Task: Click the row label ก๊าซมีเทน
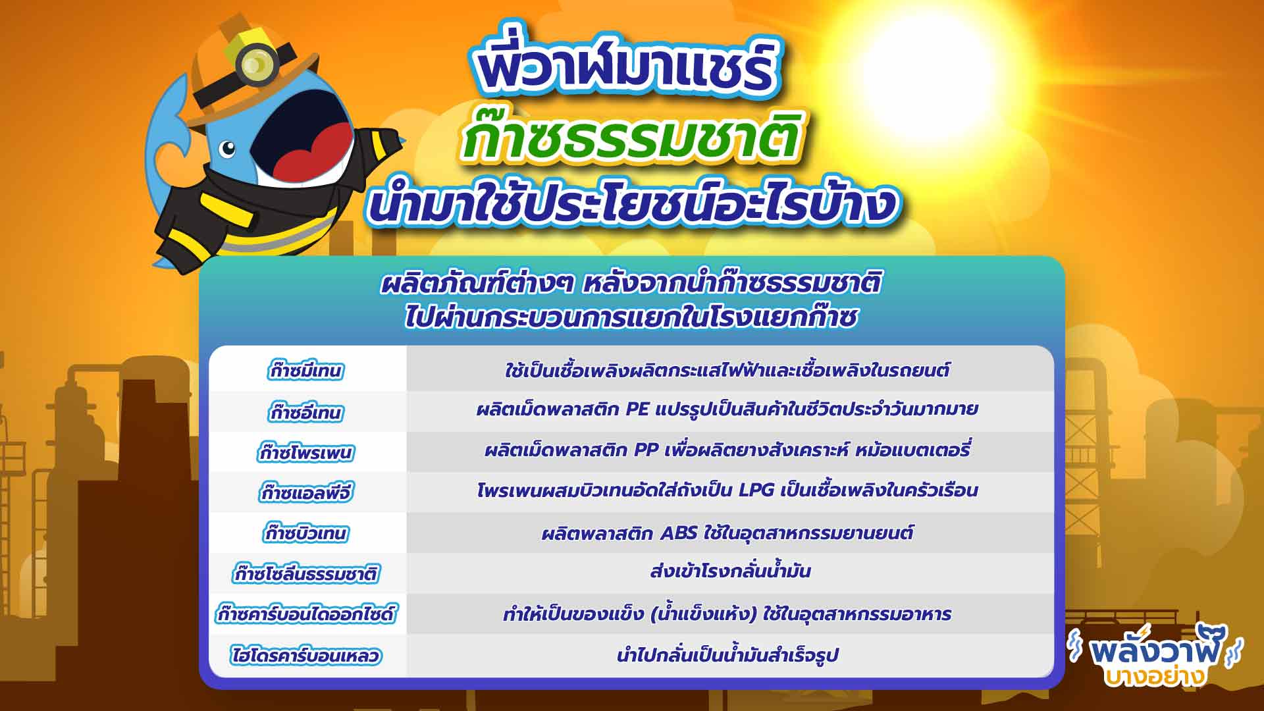point(306,371)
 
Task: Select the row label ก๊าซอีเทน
point(306,412)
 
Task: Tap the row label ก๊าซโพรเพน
point(306,453)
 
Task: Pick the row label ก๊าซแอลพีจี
point(306,492)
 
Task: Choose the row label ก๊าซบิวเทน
point(306,533)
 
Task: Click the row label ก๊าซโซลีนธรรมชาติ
point(307,573)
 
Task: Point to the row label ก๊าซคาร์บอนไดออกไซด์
point(306,614)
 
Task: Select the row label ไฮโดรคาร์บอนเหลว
point(306,656)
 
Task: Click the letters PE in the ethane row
point(637,409)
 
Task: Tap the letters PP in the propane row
point(646,450)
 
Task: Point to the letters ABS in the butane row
point(678,533)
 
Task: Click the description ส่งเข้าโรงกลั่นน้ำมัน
point(730,570)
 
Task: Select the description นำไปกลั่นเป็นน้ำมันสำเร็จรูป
point(727,654)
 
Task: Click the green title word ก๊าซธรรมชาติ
point(631,138)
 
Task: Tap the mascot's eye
point(227,149)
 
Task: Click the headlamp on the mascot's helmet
point(257,64)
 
